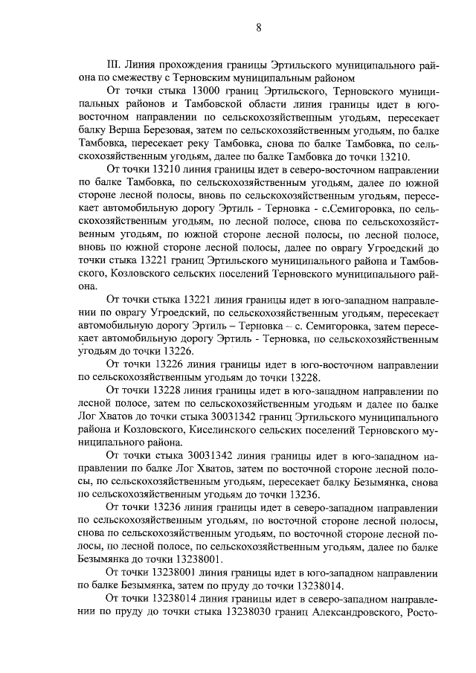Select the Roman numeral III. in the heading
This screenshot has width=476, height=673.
point(115,65)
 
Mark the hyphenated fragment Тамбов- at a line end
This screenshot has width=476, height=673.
point(419,262)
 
